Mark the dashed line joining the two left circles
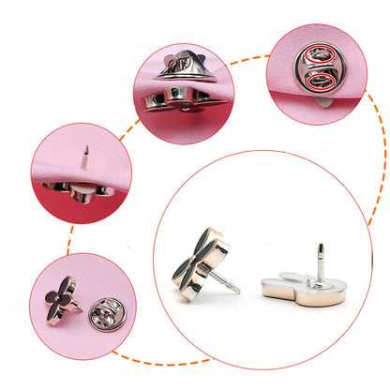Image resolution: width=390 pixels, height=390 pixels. [68, 239]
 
